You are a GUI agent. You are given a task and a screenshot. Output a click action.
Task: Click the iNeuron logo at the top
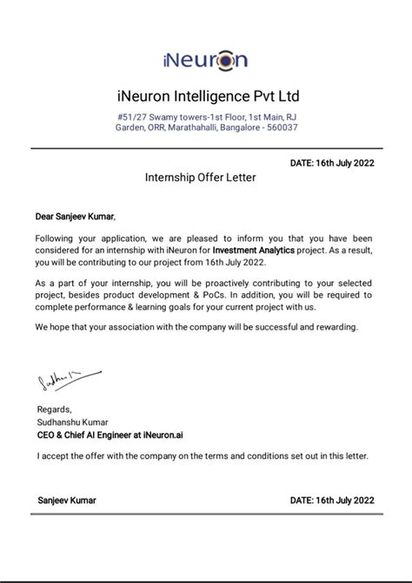tap(205, 59)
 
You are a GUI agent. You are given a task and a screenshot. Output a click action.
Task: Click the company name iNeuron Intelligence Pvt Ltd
tap(206, 95)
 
